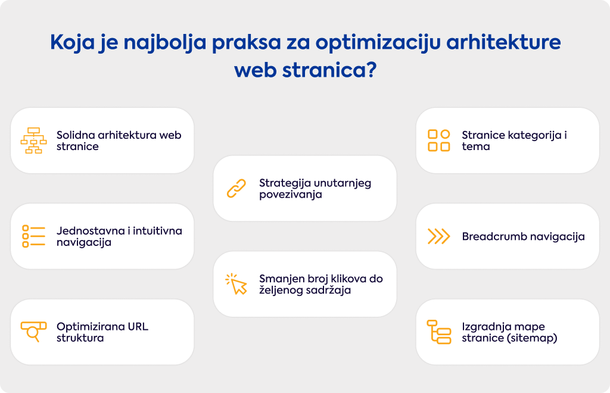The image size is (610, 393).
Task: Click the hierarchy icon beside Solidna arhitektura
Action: coord(33,141)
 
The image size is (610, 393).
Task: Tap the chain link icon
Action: coord(236,189)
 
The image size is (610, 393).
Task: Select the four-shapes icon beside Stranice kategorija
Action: coord(439,141)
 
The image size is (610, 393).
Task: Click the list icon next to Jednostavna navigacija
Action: coord(33,236)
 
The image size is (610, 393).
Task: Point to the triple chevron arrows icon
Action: coord(439,236)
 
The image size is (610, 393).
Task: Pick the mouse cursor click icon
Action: coord(236,284)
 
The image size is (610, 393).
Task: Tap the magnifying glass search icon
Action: coord(33,332)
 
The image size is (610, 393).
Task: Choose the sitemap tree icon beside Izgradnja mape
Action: coord(439,332)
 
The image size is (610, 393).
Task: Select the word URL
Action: coord(138,326)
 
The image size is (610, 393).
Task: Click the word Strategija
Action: coord(285,183)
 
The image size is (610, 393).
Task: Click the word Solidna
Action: coord(76,135)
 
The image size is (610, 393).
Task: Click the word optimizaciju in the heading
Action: coord(378,43)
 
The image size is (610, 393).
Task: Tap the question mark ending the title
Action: coord(371,70)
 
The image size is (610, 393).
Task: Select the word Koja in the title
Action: coord(73,43)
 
